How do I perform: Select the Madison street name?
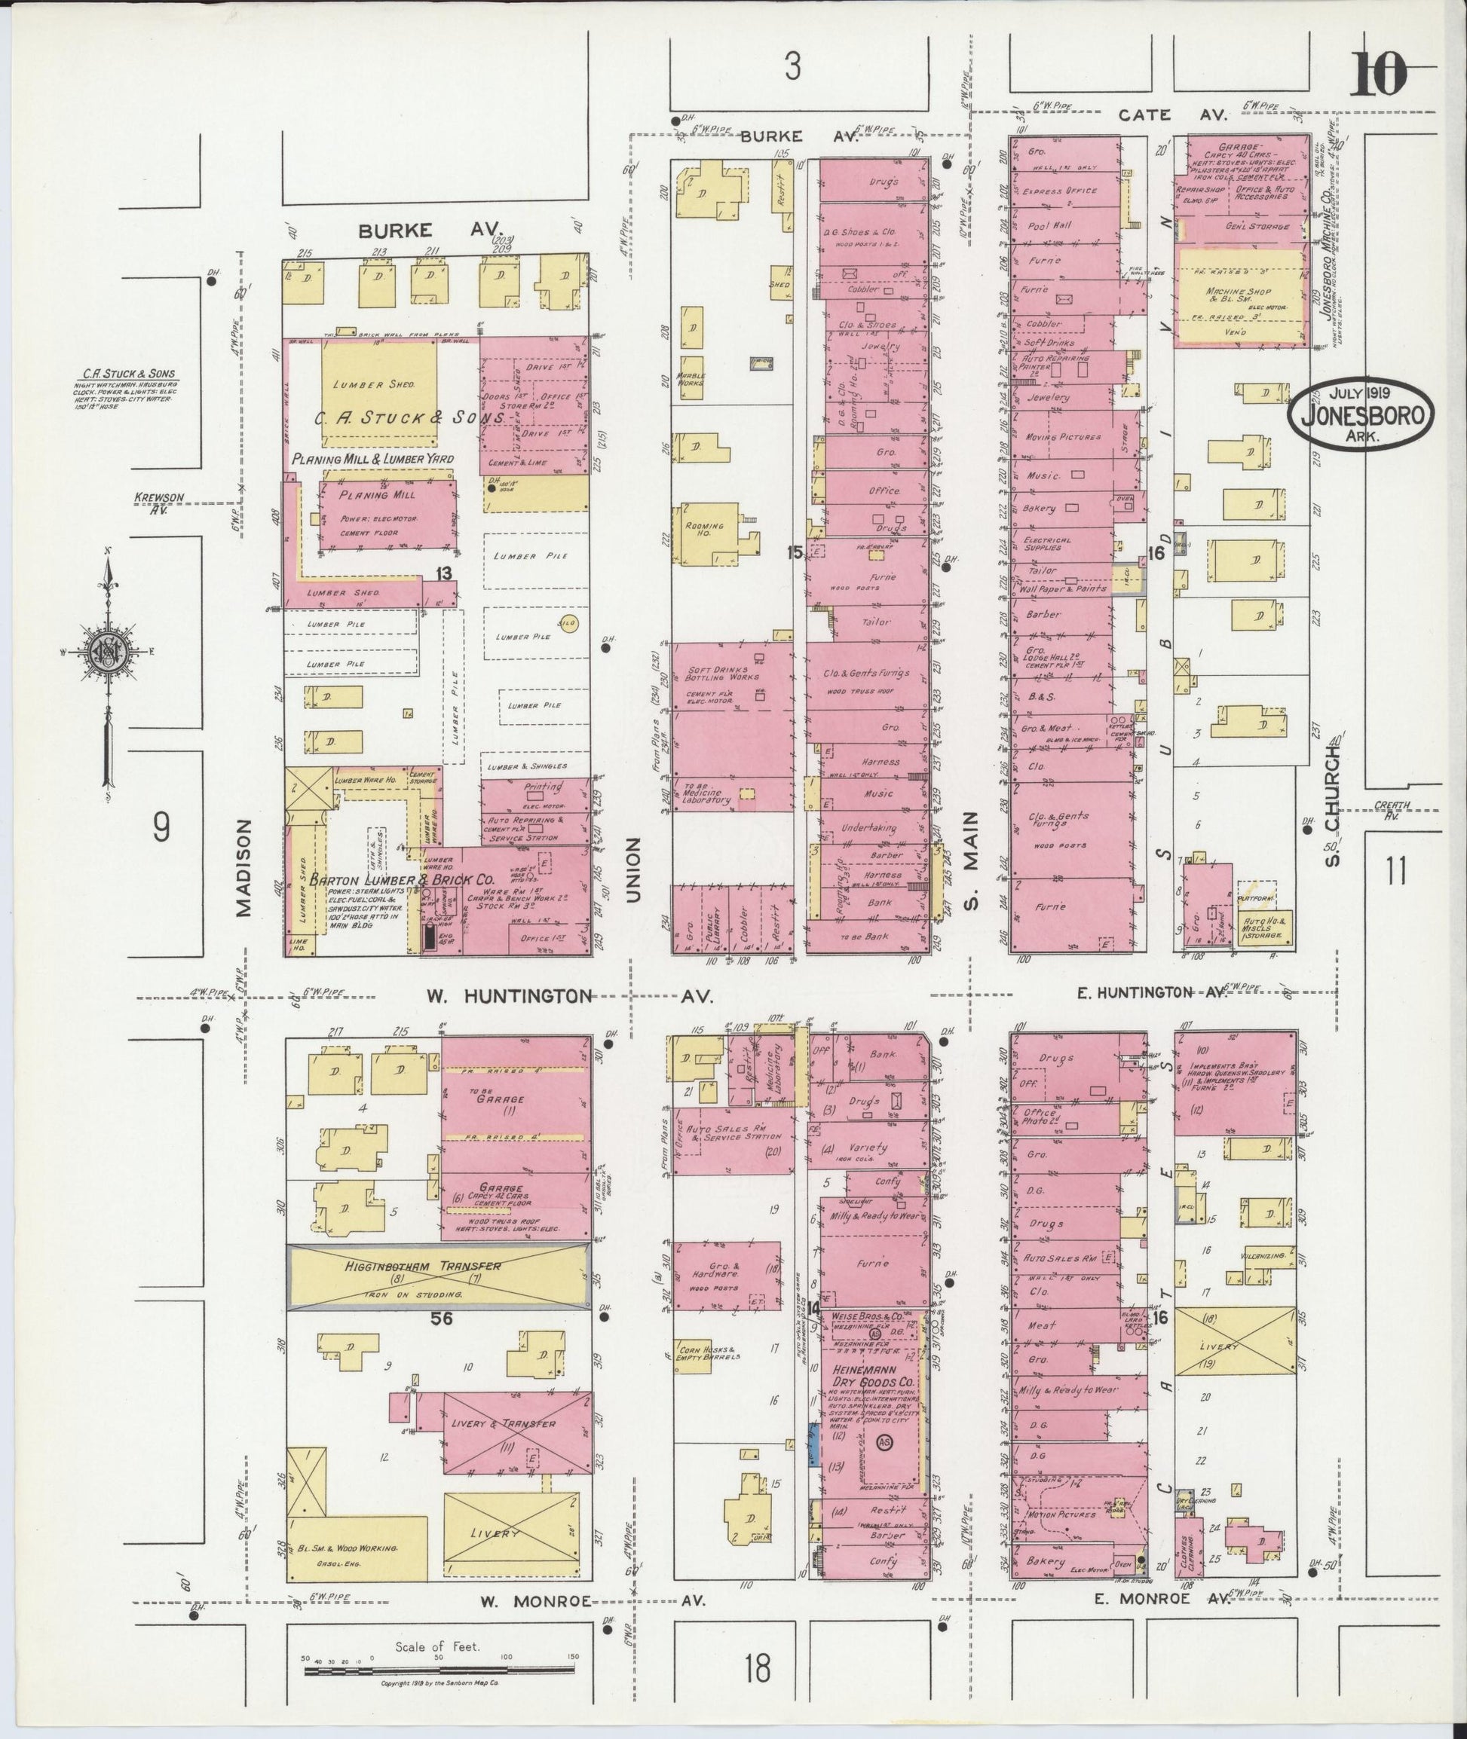coord(243,868)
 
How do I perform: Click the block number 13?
coord(443,573)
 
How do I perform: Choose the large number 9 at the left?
coord(162,827)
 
